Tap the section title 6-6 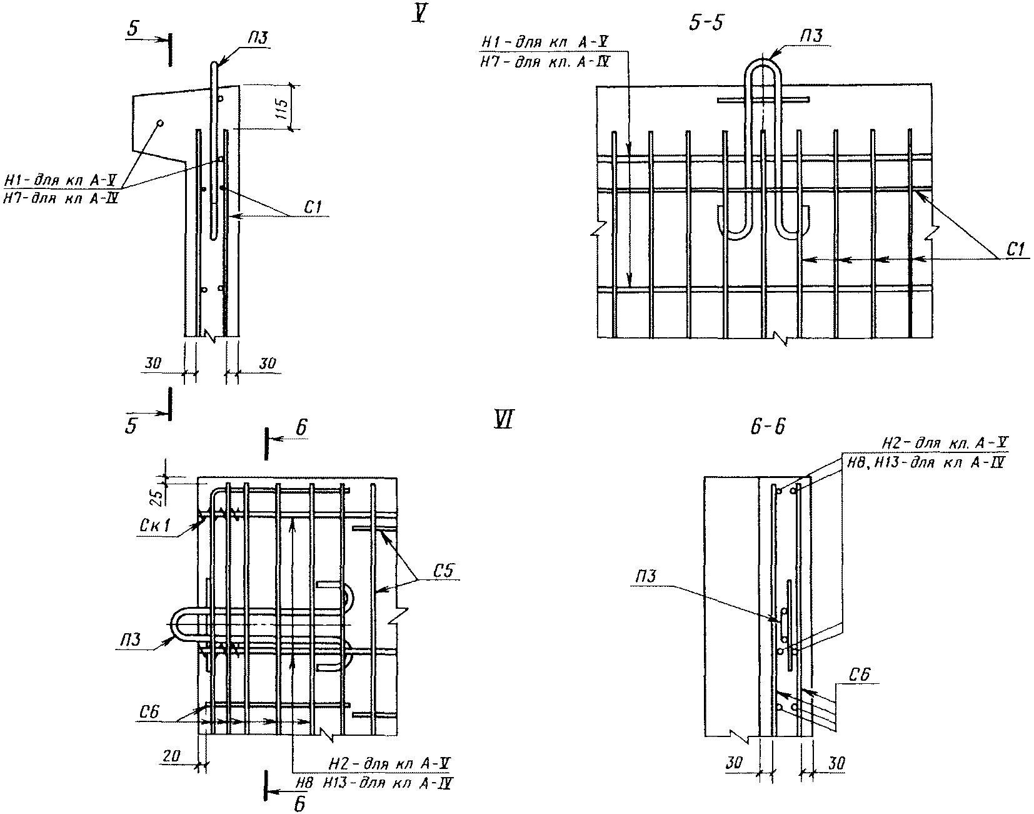point(767,427)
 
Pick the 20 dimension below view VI point(171,756)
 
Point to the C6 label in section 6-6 point(861,674)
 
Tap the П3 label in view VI point(129,641)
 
